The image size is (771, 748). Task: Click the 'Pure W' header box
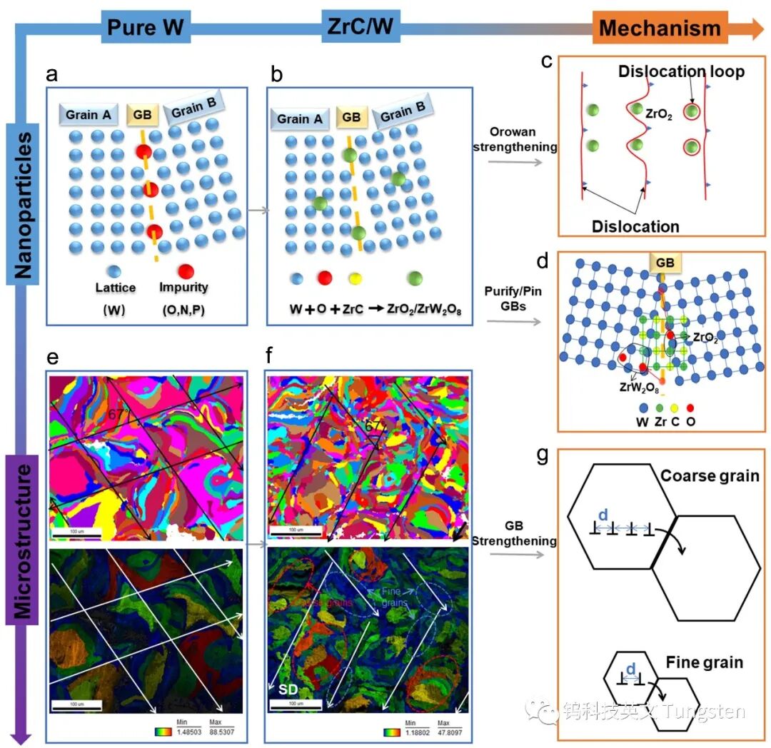[x=145, y=28]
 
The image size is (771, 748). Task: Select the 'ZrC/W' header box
[x=361, y=27]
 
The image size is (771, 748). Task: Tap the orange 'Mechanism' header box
[x=660, y=28]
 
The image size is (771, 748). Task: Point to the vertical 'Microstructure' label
[x=24, y=543]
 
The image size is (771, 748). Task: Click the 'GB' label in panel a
[x=138, y=113]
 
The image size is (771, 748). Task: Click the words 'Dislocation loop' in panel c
[x=680, y=71]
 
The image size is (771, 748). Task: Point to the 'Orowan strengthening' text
[x=522, y=140]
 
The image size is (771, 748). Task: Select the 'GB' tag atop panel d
[x=665, y=263]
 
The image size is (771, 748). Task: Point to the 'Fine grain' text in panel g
[x=705, y=662]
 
